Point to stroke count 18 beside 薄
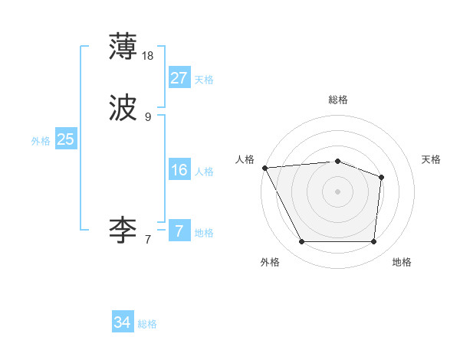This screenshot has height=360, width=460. pyautogui.click(x=149, y=56)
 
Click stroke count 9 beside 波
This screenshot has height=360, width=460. pyautogui.click(x=148, y=117)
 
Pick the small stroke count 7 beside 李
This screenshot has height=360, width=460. pyautogui.click(x=148, y=239)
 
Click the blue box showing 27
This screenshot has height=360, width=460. pyautogui.click(x=179, y=78)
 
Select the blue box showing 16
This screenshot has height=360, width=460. pyautogui.click(x=179, y=170)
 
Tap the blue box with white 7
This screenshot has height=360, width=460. pyautogui.click(x=179, y=231)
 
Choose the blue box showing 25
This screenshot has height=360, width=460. pyautogui.click(x=65, y=139)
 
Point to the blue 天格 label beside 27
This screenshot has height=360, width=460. pyautogui.click(x=204, y=80)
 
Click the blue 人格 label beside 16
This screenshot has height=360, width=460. pyautogui.click(x=204, y=172)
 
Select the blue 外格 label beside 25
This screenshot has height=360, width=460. pyautogui.click(x=41, y=141)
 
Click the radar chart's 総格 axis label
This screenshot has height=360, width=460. pyautogui.click(x=338, y=100)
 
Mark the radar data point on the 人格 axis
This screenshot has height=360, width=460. pyautogui.click(x=264, y=168)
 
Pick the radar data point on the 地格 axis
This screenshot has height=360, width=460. pyautogui.click(x=373, y=242)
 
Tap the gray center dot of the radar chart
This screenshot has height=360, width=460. pyautogui.click(x=337, y=191)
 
